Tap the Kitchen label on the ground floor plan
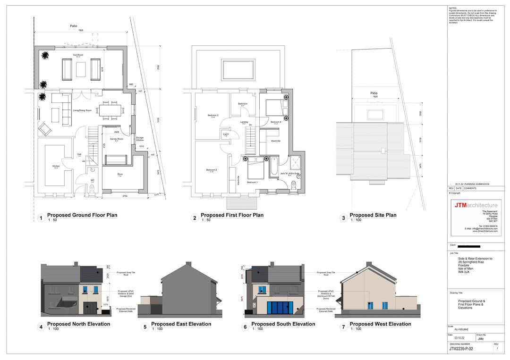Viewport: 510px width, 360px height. pos(56,167)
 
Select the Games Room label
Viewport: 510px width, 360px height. pos(117,139)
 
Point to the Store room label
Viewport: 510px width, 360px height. pos(120,174)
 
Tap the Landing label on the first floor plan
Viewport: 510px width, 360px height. pos(244,122)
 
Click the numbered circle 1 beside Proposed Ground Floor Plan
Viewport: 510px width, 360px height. pos(41,218)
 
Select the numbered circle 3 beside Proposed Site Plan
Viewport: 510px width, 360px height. pos(344,218)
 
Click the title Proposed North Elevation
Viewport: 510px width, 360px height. pos(78,324)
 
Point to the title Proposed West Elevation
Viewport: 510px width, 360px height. pos(380,324)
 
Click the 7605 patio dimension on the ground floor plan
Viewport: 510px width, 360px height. pos(81,30)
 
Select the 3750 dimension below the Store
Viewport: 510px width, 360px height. pos(125,196)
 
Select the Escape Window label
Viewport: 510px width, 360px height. pos(140,139)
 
